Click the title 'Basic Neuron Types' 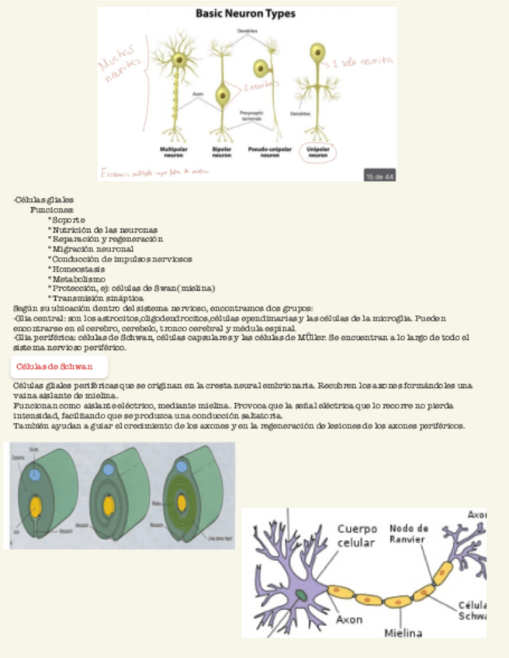click(244, 14)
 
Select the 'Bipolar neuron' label click(223, 151)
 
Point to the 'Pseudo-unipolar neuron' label click(269, 151)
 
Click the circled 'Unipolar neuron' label click(317, 151)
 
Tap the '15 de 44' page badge click(379, 175)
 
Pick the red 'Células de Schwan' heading click(54, 365)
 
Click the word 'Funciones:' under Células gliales click(53, 210)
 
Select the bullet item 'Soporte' click(68, 220)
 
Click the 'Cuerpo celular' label click(357, 535)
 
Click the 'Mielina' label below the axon click(403, 632)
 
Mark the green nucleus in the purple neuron click(300, 594)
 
